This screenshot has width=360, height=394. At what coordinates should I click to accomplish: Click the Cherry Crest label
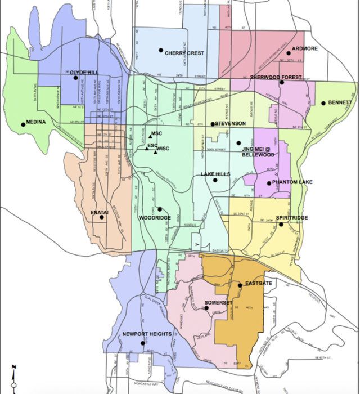click(184, 53)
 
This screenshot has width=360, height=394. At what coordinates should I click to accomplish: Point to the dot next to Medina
click(24, 124)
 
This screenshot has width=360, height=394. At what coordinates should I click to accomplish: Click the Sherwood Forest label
click(276, 77)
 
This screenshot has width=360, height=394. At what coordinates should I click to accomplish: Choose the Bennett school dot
click(323, 102)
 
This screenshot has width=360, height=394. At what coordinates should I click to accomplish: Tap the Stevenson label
click(231, 123)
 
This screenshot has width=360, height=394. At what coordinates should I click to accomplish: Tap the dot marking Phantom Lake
click(269, 182)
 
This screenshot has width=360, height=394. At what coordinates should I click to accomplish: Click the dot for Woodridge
click(159, 209)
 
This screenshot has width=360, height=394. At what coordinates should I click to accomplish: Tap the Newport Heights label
click(147, 334)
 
